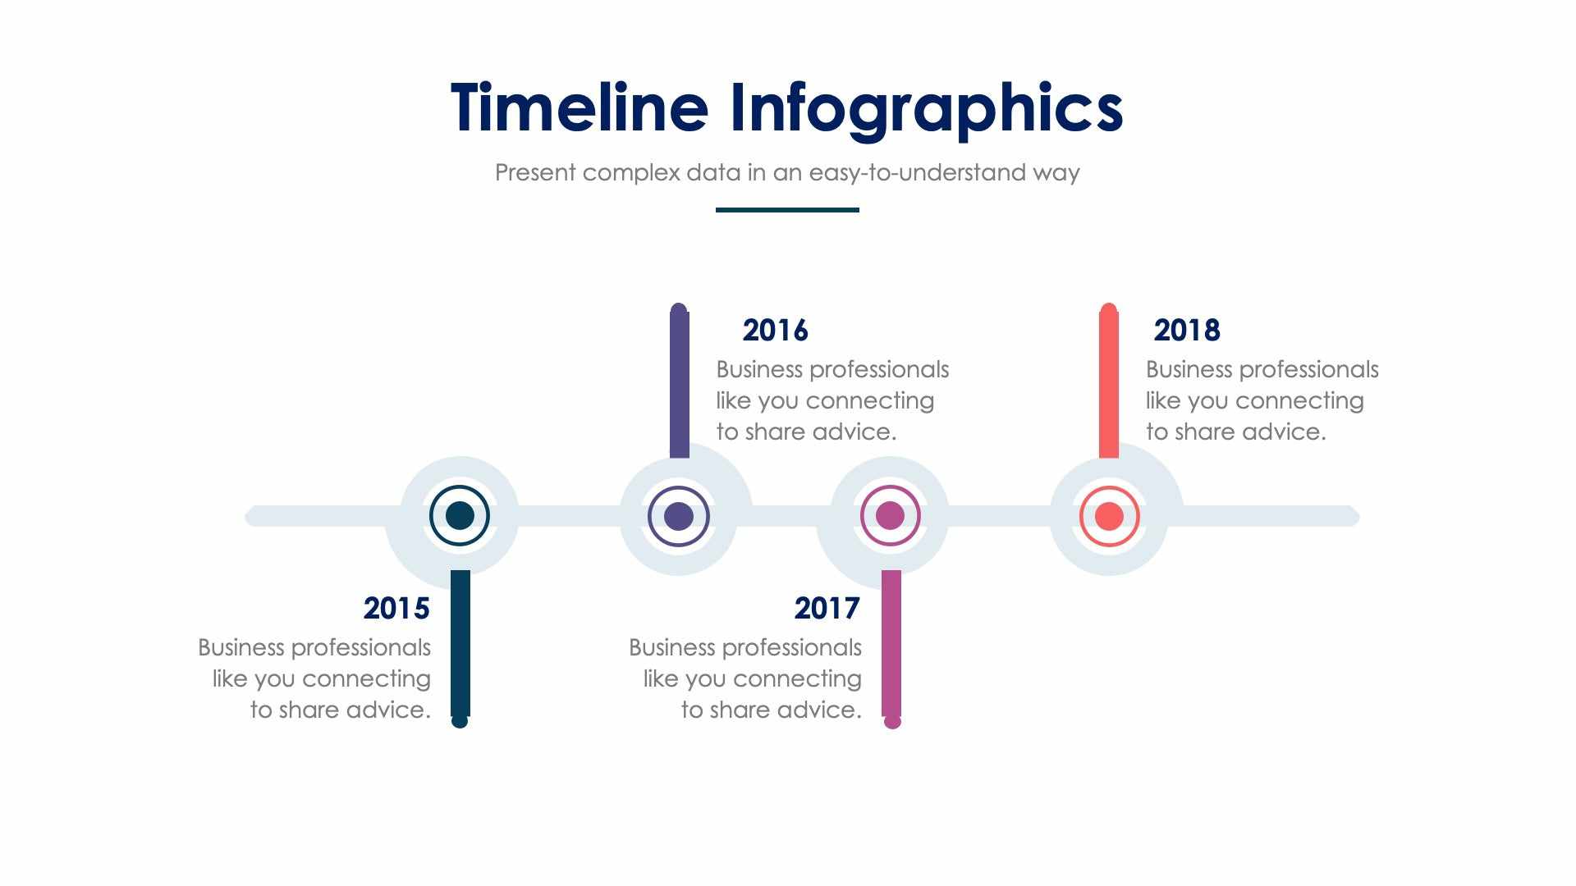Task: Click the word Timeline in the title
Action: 579,108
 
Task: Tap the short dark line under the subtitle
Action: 787,210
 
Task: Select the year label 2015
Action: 396,609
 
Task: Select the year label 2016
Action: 775,331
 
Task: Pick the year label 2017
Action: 827,609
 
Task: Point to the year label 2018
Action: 1187,331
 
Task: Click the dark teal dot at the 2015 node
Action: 460,516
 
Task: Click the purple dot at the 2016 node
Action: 678,516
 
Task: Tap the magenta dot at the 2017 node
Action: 891,516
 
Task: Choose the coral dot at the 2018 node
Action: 1109,516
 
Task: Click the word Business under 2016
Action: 758,370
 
